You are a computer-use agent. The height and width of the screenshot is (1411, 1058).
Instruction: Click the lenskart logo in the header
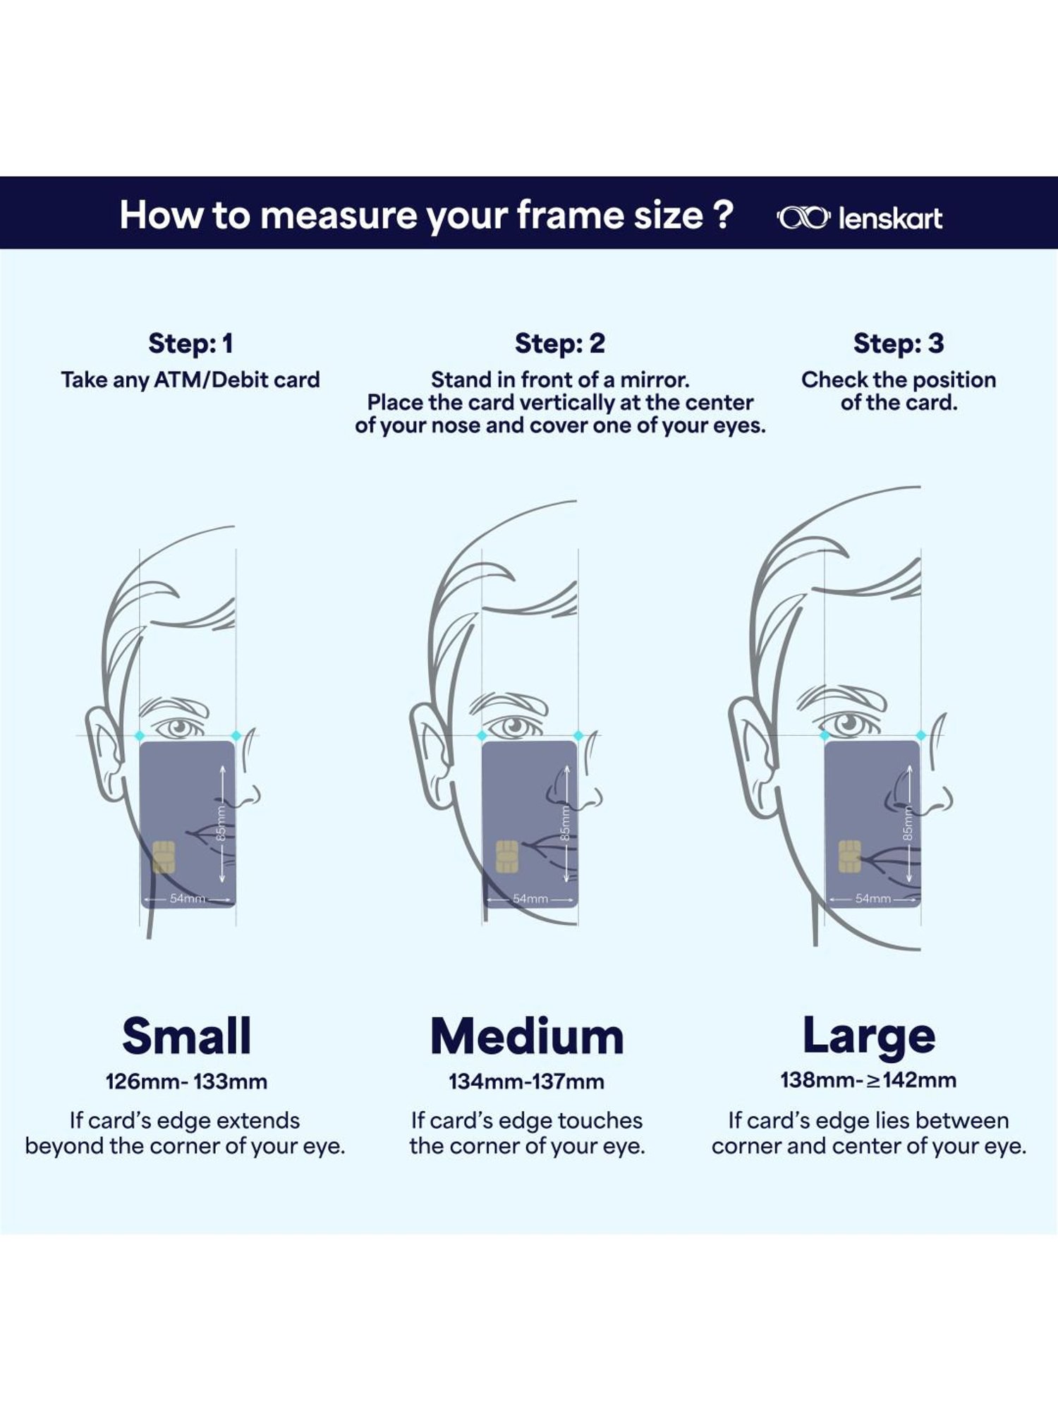[x=859, y=218]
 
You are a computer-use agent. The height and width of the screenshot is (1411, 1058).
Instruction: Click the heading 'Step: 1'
[x=190, y=344]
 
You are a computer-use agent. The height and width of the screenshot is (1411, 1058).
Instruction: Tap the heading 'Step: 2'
[x=560, y=344]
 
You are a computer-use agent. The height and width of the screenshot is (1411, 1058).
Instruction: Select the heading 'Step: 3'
[x=899, y=344]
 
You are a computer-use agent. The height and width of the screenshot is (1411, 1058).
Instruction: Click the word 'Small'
[x=187, y=1036]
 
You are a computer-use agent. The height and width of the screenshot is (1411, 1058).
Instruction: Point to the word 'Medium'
[x=528, y=1036]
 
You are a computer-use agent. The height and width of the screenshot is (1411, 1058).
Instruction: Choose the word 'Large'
[x=869, y=1037]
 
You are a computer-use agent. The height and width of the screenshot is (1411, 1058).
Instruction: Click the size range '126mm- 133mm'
[x=187, y=1082]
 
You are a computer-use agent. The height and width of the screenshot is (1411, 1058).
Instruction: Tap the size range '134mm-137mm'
[x=527, y=1082]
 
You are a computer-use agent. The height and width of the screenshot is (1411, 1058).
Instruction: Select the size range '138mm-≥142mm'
[x=868, y=1080]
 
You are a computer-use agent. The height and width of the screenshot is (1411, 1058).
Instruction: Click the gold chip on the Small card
[x=164, y=856]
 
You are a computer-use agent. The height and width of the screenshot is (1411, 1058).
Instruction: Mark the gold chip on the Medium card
[x=507, y=856]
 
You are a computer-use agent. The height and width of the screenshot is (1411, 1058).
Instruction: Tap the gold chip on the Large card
[x=850, y=856]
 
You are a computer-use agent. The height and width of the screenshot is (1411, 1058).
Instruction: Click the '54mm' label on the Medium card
[x=530, y=899]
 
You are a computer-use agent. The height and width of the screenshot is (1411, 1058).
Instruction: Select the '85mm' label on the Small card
[x=221, y=823]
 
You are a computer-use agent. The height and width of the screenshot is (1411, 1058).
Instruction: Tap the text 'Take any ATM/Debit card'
[x=190, y=380]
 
